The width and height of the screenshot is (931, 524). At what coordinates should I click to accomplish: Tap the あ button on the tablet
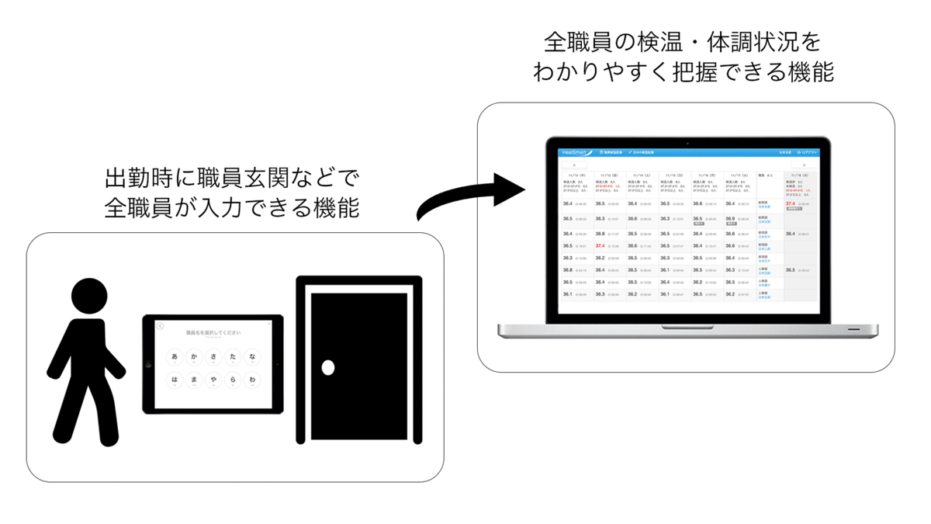pyautogui.click(x=175, y=357)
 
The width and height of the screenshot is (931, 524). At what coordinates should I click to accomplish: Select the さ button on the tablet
pyautogui.click(x=213, y=357)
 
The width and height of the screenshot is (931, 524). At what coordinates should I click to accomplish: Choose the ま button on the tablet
pyautogui.click(x=194, y=380)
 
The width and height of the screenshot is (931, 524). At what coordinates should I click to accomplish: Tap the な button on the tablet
pyautogui.click(x=253, y=357)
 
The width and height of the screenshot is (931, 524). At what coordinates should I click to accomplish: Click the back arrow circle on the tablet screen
pyautogui.click(x=160, y=326)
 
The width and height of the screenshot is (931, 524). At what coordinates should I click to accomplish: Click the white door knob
pyautogui.click(x=328, y=367)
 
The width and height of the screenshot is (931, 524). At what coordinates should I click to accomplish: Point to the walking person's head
pyautogui.click(x=89, y=297)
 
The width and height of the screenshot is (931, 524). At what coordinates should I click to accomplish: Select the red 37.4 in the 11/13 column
pyautogui.click(x=600, y=246)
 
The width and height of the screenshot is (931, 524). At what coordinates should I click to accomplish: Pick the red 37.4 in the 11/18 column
pyautogui.click(x=791, y=204)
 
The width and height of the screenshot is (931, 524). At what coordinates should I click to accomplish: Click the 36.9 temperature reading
pyautogui.click(x=730, y=219)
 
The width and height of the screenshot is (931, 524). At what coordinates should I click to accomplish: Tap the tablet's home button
pyautogui.click(x=149, y=364)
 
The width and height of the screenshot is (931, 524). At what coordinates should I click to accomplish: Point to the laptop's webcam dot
pyautogui.click(x=687, y=144)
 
